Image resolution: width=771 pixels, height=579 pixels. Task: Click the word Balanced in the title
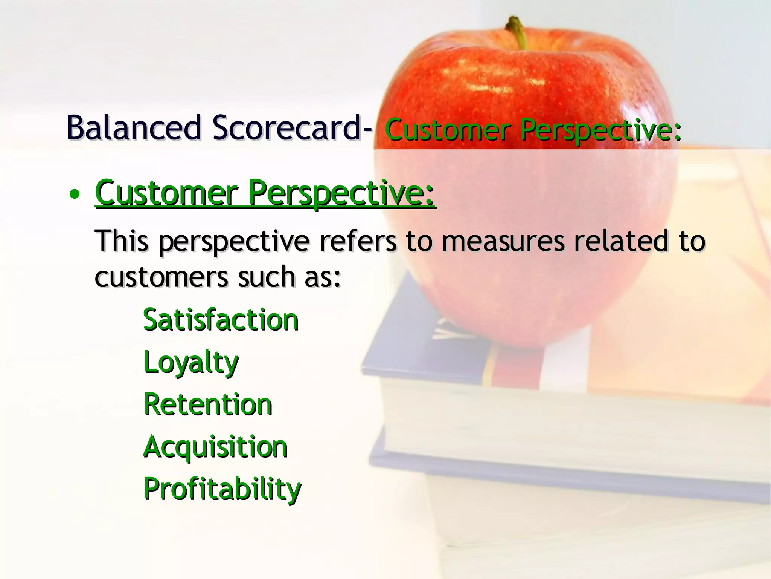134,128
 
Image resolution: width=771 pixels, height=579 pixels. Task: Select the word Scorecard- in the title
292,128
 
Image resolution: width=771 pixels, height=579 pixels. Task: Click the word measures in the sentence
503,242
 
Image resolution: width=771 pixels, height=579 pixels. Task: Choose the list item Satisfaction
221,320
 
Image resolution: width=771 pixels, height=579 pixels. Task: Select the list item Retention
208,404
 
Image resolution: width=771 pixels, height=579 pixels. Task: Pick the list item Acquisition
215,447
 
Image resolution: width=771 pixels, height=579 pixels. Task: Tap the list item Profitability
222,489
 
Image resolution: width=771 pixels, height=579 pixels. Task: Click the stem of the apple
517,32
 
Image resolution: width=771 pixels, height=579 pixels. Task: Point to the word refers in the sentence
358,241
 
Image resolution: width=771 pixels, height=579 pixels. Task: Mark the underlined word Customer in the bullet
166,193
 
